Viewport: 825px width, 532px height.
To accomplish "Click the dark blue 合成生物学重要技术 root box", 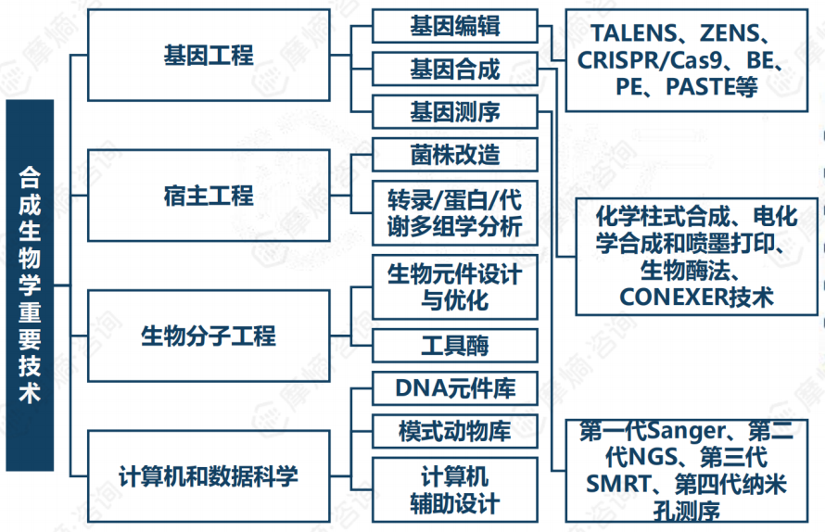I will pos(30,285).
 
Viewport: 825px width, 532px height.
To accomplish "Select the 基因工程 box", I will pos(208,56).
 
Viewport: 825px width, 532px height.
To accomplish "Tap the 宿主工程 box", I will pos(208,196).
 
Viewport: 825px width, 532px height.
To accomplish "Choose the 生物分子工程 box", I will pos(208,335).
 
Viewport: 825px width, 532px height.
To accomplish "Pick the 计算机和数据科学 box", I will pos(208,476).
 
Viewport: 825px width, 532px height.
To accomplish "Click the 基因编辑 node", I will pos(454,26).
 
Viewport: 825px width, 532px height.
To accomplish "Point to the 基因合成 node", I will pos(454,70).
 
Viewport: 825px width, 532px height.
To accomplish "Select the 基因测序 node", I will pos(454,112).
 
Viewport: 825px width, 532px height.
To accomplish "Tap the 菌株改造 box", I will pos(454,154).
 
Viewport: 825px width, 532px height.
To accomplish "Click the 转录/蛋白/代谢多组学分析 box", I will pos(454,212).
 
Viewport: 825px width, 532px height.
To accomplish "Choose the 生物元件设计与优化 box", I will pos(454,288).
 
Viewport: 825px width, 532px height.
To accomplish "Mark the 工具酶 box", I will pos(454,347).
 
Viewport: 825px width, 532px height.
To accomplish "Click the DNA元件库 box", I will pos(454,387).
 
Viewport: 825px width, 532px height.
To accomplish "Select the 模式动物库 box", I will pos(454,430).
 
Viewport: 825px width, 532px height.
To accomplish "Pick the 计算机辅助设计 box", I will pos(454,490).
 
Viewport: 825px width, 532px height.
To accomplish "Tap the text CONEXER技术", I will pos(696,297).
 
